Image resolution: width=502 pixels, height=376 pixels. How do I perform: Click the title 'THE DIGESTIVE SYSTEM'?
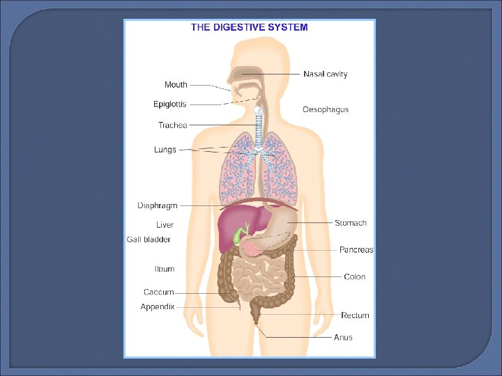point(250,28)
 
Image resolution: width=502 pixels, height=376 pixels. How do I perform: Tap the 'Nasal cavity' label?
point(325,74)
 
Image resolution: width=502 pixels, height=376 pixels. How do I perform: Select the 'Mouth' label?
point(176,85)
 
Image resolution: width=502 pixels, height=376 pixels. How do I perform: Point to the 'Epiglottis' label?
point(170,104)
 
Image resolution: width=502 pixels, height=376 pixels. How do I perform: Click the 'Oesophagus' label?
point(326,109)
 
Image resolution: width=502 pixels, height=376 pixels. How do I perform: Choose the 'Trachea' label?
point(173,125)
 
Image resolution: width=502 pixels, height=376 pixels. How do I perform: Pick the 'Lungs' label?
point(165,150)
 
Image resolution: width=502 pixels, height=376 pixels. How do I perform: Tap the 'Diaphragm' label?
point(158,205)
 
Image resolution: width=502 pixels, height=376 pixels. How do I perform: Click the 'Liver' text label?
point(165,225)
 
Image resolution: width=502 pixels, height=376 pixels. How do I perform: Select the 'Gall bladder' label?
point(149,240)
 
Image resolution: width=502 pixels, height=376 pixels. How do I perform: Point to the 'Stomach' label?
point(350,223)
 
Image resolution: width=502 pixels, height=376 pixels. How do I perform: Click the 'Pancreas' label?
point(356,249)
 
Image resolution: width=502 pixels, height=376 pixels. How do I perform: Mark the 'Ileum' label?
point(165,269)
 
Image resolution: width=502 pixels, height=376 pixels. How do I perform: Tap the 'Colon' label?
point(354,276)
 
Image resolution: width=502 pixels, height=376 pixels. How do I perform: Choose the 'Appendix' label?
point(158,306)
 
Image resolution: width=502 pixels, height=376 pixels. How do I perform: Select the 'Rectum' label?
point(355,315)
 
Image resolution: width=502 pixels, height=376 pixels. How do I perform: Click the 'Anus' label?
point(343,337)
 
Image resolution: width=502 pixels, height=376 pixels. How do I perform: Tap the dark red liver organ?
point(227,226)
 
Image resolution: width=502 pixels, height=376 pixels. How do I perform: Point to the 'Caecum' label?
point(159,292)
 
